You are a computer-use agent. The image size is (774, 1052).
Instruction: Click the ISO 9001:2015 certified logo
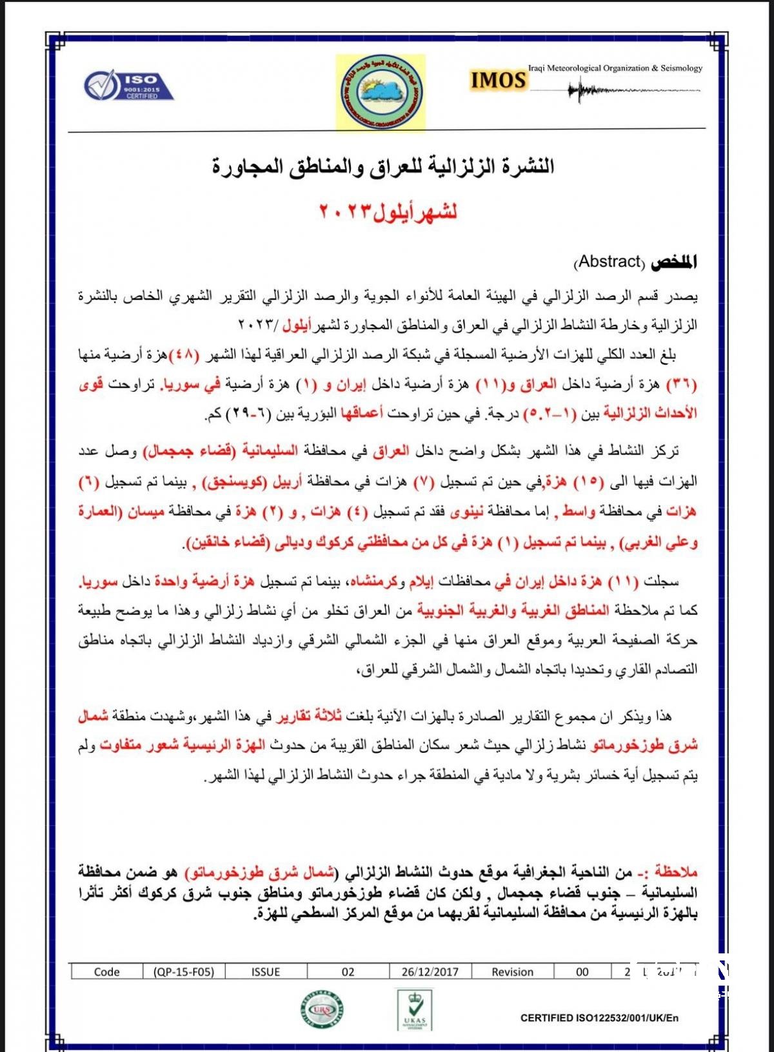click(128, 86)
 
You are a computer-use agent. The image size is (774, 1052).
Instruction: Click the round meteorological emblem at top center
click(381, 92)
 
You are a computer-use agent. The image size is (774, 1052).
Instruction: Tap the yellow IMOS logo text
click(498, 80)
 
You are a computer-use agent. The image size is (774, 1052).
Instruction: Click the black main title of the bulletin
click(383, 166)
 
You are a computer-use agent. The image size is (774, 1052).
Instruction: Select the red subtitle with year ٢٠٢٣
click(388, 211)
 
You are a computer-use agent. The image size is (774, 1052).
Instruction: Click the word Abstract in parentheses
click(610, 262)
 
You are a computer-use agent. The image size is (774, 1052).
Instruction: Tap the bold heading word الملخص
click(673, 262)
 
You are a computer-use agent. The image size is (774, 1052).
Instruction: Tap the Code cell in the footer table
click(107, 971)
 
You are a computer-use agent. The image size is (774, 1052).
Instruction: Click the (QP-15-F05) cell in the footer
click(184, 971)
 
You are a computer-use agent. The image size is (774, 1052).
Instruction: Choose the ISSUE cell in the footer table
click(266, 971)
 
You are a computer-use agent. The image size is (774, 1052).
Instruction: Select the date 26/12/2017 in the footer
click(430, 971)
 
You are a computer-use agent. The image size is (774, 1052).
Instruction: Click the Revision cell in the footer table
click(513, 971)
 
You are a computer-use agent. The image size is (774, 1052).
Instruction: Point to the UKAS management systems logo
click(414, 1009)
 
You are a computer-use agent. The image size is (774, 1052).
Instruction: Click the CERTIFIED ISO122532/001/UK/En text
click(599, 1018)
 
